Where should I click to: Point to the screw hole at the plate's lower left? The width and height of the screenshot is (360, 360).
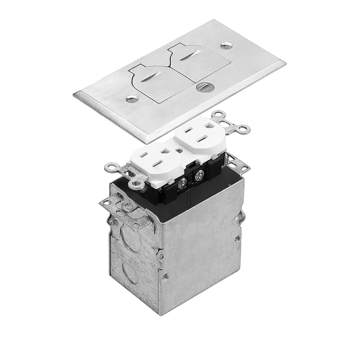[133, 99]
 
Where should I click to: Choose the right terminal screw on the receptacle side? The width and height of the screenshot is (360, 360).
[200, 174]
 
